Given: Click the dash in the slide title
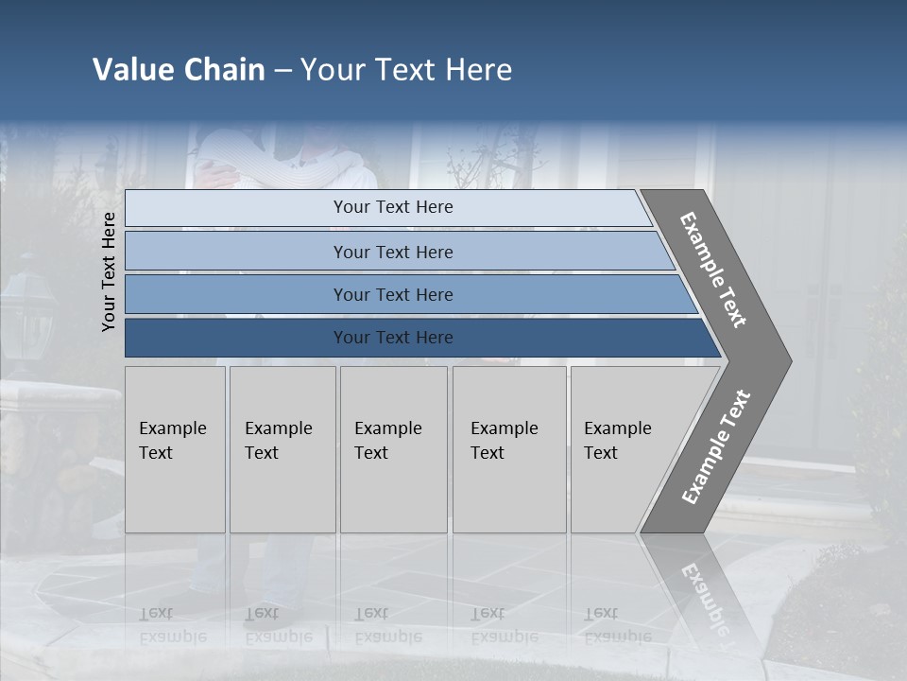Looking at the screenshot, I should (282, 71).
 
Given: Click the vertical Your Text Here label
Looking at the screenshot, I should (109, 271).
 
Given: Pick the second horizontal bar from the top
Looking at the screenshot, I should (392, 252).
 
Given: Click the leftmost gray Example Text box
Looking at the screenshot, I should (175, 449).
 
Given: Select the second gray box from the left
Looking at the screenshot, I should (282, 449).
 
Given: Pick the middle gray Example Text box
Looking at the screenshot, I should (393, 449).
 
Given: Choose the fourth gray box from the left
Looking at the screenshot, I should (509, 449).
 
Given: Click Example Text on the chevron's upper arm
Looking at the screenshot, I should (713, 270).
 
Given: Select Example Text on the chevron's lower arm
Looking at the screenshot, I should (715, 447).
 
